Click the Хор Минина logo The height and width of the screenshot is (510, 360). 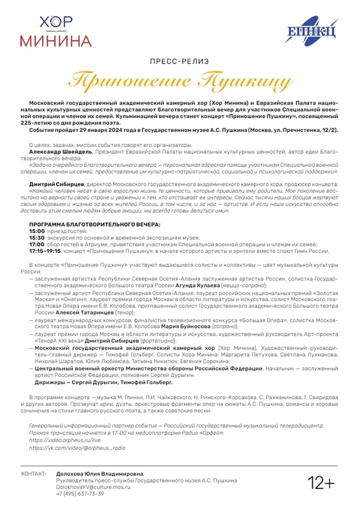(x=55, y=32)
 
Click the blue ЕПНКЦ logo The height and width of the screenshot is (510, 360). (x=312, y=32)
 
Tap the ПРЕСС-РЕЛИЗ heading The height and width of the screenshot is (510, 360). (x=180, y=61)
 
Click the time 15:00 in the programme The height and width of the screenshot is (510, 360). (x=37, y=231)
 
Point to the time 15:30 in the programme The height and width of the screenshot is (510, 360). (x=37, y=237)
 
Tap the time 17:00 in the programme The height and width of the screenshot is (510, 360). (x=37, y=244)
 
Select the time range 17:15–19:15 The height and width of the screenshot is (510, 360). (x=45, y=251)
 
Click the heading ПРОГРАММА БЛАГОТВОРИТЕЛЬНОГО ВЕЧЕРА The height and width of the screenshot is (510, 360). (x=95, y=224)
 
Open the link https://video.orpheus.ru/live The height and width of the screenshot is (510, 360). (x=59, y=440)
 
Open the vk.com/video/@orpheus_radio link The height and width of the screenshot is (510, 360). (x=77, y=447)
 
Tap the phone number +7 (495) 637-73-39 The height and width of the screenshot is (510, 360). (x=80, y=494)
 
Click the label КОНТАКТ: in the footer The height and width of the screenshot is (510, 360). (x=33, y=474)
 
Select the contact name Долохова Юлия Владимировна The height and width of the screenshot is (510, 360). (x=100, y=474)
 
